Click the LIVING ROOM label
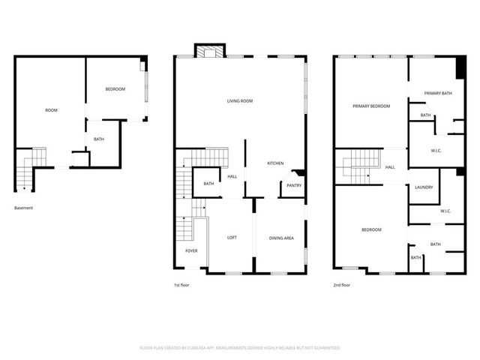tap(240, 100)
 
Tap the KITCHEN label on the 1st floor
tap(275, 163)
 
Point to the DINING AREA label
tap(281, 238)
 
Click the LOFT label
tap(232, 238)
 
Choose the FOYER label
tap(191, 250)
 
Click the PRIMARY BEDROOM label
tap(371, 106)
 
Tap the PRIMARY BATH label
tap(437, 93)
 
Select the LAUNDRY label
tap(423, 187)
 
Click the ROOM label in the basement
tap(51, 110)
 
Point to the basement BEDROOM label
tap(115, 89)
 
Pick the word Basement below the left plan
tap(24, 208)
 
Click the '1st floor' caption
tap(182, 285)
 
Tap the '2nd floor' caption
tap(342, 285)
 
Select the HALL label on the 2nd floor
tap(390, 167)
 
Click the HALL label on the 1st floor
tap(232, 177)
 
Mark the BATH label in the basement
tap(99, 139)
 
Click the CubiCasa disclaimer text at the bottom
tap(240, 348)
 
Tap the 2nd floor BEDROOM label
tap(371, 229)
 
